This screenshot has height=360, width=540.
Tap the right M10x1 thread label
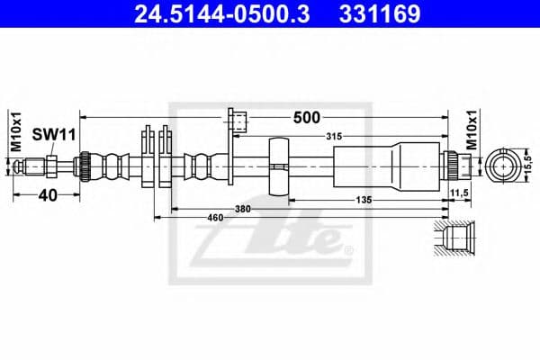click(472, 130)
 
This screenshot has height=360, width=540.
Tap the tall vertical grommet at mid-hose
click(279, 166)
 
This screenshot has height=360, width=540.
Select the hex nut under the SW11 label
click(52, 166)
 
